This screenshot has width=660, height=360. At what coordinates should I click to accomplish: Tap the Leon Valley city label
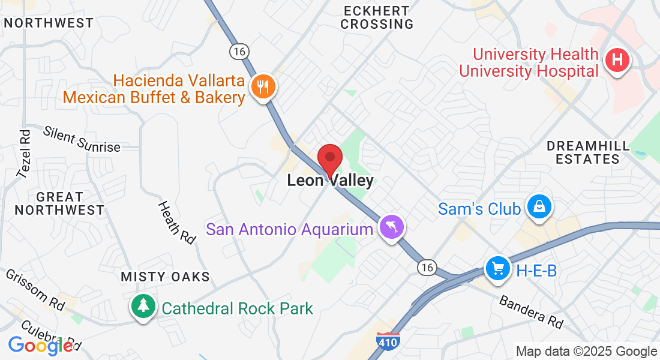click(x=330, y=180)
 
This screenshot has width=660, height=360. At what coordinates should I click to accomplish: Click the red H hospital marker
click(x=617, y=61)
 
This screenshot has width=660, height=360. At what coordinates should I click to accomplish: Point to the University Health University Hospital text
click(x=529, y=63)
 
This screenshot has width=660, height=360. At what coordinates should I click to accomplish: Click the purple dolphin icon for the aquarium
click(x=392, y=227)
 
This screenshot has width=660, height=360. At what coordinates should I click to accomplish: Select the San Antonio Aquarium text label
click(x=290, y=229)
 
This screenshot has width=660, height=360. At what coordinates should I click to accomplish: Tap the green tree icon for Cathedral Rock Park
click(x=143, y=307)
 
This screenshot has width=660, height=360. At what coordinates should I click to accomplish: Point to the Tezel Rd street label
click(x=24, y=154)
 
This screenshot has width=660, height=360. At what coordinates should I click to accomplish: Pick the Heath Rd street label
click(x=177, y=222)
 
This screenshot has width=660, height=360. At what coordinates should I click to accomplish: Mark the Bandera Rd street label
click(x=531, y=312)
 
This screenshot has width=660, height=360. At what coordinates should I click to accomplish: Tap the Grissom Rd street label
click(x=35, y=289)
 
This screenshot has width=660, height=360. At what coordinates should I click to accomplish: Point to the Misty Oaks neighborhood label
click(x=166, y=277)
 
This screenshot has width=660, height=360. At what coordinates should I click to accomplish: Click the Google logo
click(x=40, y=346)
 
